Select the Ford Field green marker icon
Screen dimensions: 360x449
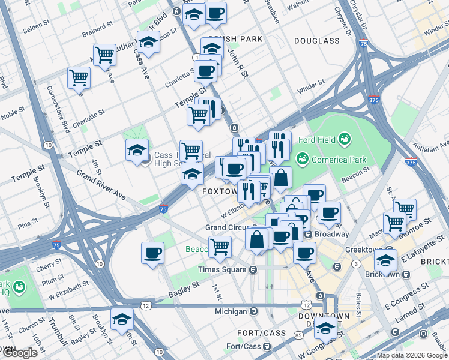[x=344, y=139]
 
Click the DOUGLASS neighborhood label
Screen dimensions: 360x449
[x=317, y=41]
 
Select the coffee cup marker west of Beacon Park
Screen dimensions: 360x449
[x=152, y=252]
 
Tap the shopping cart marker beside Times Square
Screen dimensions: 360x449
[x=220, y=246]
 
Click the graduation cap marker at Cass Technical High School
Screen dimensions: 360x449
[x=137, y=150]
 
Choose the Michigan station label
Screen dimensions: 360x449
[x=231, y=311]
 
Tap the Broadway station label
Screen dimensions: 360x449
[x=330, y=234]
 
